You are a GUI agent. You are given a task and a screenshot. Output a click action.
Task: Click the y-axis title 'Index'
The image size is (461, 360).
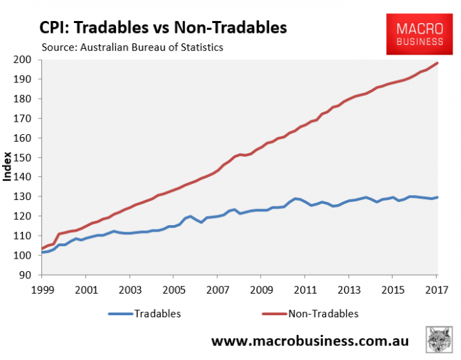(8, 167)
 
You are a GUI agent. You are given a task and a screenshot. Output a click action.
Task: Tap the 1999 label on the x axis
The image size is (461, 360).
(41, 289)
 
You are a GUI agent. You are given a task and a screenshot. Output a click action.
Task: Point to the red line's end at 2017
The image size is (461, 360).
(438, 63)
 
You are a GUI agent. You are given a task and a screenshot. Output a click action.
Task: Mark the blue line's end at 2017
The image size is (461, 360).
(438, 197)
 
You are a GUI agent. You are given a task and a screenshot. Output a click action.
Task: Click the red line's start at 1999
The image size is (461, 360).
(42, 249)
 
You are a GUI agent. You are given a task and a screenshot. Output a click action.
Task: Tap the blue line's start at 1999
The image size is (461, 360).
(42, 252)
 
